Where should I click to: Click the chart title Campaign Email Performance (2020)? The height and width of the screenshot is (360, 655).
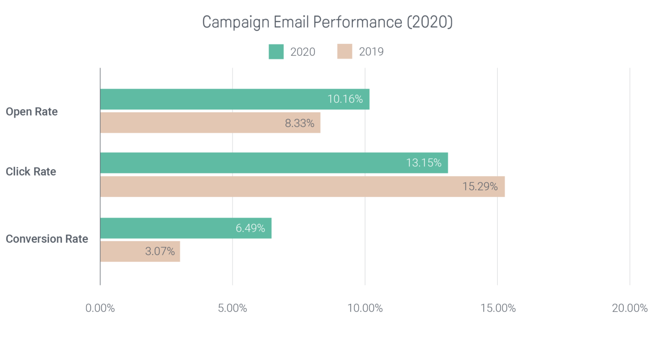point(327,22)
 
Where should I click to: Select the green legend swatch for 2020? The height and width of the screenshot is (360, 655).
point(276,51)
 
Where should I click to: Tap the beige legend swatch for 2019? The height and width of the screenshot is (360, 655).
point(344,51)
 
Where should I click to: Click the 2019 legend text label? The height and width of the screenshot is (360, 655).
point(371,51)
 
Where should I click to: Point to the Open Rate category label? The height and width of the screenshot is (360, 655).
point(32,112)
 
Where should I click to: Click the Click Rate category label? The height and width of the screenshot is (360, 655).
point(31,172)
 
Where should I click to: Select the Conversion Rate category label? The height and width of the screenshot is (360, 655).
point(47,239)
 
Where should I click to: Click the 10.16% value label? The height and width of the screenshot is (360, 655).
point(345,99)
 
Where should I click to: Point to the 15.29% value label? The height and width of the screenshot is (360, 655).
point(480,187)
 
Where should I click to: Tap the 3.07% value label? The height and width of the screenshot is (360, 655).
point(160,252)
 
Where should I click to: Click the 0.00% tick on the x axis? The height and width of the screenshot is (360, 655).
point(100,309)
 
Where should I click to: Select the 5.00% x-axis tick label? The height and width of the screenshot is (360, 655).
point(233,309)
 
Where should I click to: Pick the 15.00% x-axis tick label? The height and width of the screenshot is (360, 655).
point(497,309)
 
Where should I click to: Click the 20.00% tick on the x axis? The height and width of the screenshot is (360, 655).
point(630,309)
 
